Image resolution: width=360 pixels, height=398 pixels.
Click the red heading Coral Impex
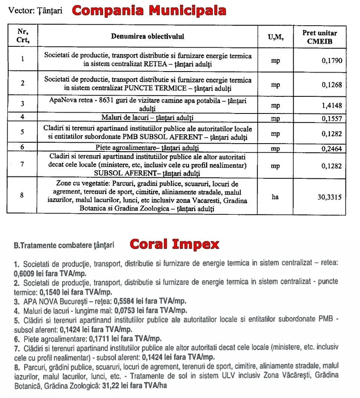point(174,244)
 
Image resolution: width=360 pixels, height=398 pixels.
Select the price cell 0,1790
point(332,59)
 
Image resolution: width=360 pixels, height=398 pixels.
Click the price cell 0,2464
point(332,148)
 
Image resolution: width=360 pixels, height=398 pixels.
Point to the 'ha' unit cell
point(275,196)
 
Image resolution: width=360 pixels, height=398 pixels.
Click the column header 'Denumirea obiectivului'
point(148,36)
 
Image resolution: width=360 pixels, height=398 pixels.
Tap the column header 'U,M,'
point(275,36)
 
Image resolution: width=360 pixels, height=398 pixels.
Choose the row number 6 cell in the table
point(22,147)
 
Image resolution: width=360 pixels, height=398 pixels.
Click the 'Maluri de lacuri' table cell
point(148,118)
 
